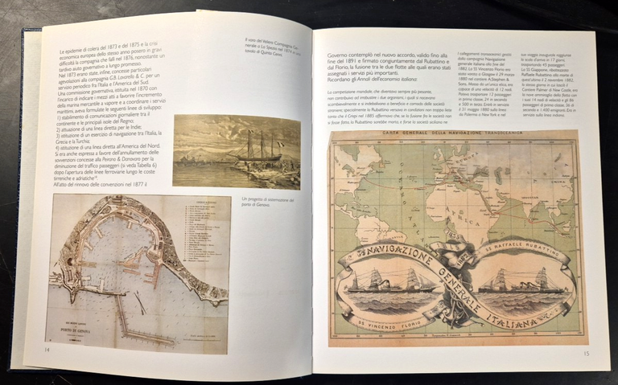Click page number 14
(x=47, y=349)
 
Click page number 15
(x=587, y=353)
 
